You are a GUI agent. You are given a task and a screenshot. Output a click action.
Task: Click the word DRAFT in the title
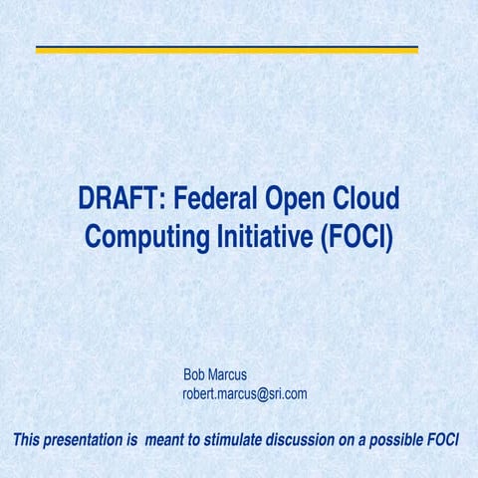[x=116, y=201]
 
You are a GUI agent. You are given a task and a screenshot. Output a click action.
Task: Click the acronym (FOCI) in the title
[x=358, y=238]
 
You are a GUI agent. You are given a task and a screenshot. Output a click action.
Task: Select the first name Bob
[x=194, y=375]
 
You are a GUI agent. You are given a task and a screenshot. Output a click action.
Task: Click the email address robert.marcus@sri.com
[x=244, y=393]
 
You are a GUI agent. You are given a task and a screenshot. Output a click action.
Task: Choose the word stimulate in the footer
[x=235, y=440]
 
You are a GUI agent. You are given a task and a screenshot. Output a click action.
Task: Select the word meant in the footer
[x=164, y=440]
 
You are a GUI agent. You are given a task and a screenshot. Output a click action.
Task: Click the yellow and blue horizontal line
[x=227, y=49]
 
